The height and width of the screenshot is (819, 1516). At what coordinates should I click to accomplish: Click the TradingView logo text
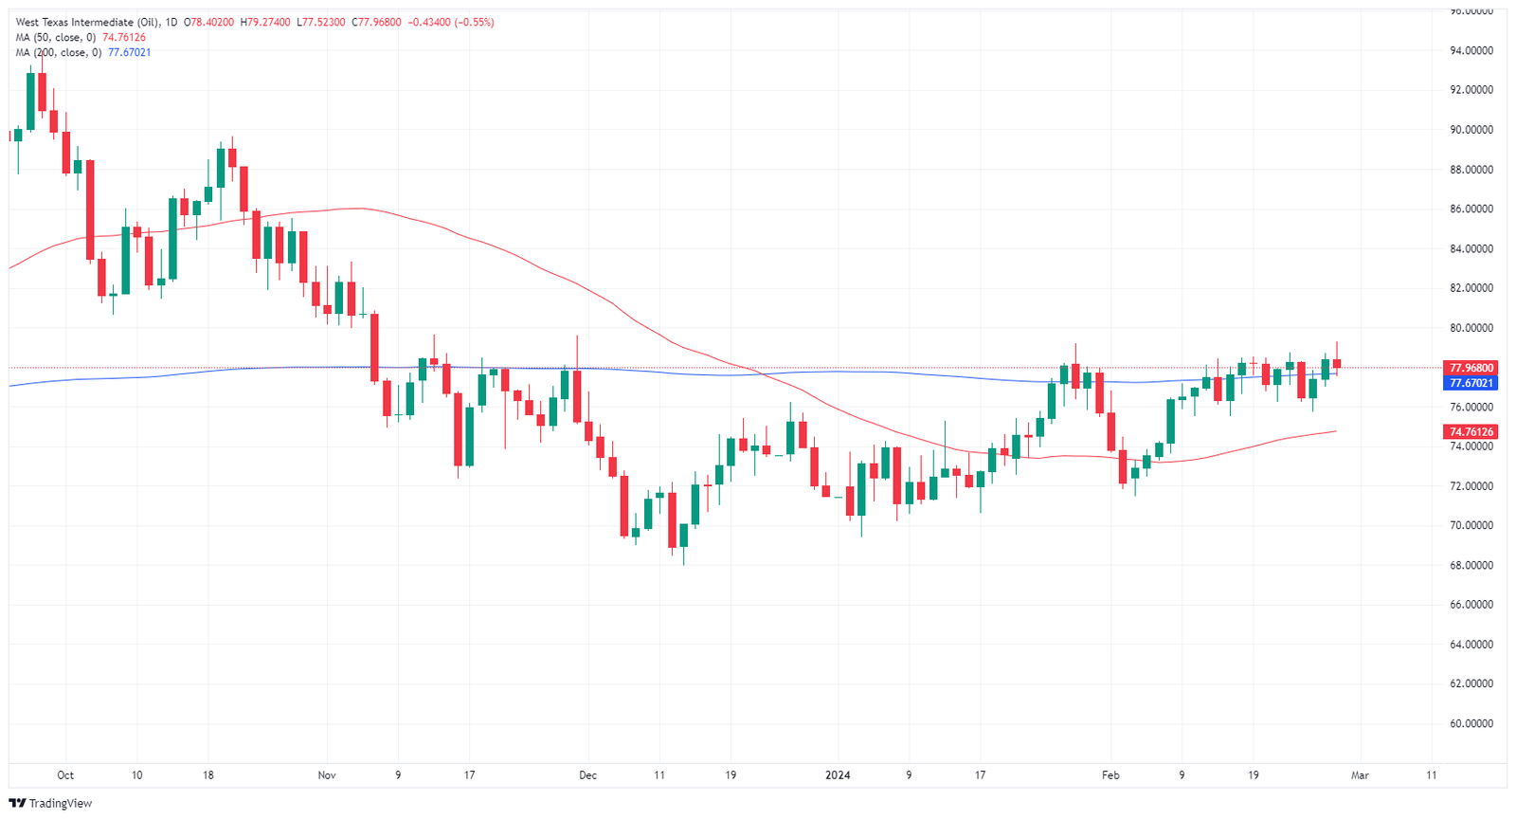[x=61, y=804]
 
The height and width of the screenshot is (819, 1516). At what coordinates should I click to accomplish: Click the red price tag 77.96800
[x=1471, y=368]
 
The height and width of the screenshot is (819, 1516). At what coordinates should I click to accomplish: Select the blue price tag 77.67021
[x=1471, y=383]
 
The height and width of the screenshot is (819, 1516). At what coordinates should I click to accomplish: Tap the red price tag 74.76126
[x=1471, y=432]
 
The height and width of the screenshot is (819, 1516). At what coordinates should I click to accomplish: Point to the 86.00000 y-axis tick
[x=1471, y=209]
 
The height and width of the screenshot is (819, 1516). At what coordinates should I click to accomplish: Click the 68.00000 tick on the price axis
[x=1471, y=566]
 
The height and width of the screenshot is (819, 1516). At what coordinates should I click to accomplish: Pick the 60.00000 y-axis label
[x=1471, y=724]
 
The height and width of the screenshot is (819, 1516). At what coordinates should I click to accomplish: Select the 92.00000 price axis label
[x=1471, y=91]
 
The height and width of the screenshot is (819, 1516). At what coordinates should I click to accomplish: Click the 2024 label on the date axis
[x=838, y=775]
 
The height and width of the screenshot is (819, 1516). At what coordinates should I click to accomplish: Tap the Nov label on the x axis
[x=327, y=775]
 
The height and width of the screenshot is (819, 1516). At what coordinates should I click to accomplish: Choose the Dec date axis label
[x=587, y=775]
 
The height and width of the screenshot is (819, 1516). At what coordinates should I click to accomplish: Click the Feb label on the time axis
[x=1110, y=775]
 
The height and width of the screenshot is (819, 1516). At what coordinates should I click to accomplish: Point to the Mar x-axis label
[x=1360, y=775]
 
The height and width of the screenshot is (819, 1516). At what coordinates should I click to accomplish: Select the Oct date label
[x=65, y=775]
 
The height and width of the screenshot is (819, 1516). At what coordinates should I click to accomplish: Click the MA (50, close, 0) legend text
[x=56, y=38]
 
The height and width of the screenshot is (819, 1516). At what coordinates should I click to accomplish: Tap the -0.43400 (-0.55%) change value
[x=451, y=23]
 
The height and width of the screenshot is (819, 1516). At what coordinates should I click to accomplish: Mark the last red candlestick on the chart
[x=1337, y=364]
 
